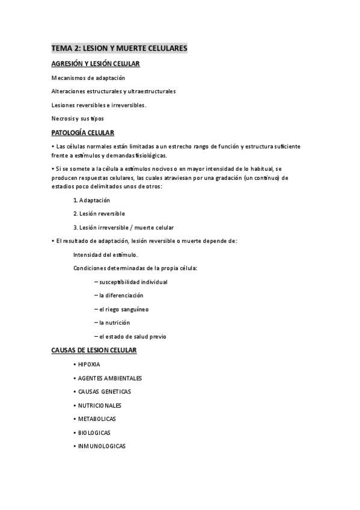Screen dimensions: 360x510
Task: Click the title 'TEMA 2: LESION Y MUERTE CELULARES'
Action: pos(119,48)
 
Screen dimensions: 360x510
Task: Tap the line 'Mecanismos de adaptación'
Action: pos(88,78)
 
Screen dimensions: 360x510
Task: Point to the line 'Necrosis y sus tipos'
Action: pos(78,119)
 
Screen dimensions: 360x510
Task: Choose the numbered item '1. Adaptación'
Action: pos(91,200)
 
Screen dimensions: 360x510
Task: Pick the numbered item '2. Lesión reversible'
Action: pos(99,214)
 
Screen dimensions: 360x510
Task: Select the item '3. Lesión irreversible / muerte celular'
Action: pos(123,227)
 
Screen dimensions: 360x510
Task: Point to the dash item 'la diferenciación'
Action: pos(121,295)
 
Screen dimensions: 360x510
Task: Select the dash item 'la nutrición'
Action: pos(114,323)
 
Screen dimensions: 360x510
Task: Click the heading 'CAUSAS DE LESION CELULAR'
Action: pos(94,350)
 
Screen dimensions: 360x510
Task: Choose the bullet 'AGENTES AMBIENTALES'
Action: pos(109,378)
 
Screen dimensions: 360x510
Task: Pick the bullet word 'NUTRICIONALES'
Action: pos(99,405)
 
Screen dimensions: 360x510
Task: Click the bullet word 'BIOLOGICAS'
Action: pos(94,432)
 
